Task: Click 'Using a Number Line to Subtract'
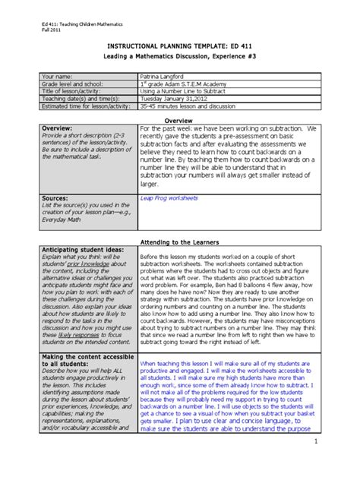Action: [x=187, y=90]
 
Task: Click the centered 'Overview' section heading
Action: [x=179, y=120]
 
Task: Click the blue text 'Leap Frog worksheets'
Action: [x=169, y=196]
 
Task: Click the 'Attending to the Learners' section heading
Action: [x=180, y=242]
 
